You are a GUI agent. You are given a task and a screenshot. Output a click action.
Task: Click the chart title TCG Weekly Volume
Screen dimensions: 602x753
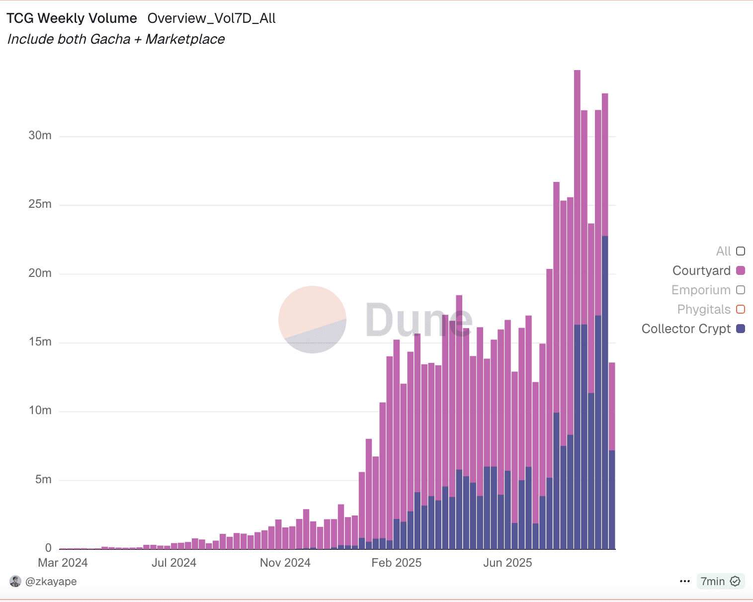(72, 18)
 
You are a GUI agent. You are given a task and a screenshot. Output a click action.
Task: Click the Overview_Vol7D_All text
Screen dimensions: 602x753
(211, 18)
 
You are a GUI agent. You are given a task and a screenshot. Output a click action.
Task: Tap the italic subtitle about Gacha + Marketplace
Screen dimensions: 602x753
(116, 39)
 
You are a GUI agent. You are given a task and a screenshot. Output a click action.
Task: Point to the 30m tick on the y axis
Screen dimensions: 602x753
(40, 136)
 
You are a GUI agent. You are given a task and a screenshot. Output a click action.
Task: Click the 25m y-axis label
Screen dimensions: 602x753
(40, 204)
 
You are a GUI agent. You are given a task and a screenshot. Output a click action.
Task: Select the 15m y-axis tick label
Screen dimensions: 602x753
(40, 342)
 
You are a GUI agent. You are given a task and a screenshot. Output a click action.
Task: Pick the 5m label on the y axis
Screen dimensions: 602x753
(43, 480)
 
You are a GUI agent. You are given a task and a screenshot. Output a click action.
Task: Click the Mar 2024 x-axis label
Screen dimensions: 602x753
(63, 563)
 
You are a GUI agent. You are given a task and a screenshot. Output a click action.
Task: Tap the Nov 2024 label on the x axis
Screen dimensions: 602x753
(285, 563)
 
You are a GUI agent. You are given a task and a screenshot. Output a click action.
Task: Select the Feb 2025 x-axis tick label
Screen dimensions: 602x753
(396, 563)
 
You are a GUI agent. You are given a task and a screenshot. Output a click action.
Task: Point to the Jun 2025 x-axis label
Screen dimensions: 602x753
(507, 563)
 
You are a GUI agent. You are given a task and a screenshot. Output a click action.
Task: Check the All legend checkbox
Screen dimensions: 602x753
(741, 251)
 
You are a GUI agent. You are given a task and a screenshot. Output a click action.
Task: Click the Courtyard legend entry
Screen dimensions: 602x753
(701, 270)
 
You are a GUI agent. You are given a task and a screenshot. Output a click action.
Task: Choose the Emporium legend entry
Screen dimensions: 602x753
(701, 290)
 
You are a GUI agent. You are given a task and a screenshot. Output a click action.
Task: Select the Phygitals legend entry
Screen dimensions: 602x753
(704, 309)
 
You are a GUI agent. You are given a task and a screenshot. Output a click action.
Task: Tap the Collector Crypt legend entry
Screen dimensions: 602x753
(686, 329)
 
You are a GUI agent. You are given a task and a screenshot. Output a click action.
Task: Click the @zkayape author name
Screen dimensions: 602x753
(51, 581)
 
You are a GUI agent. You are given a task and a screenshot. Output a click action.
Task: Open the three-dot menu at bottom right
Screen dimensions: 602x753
(684, 581)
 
